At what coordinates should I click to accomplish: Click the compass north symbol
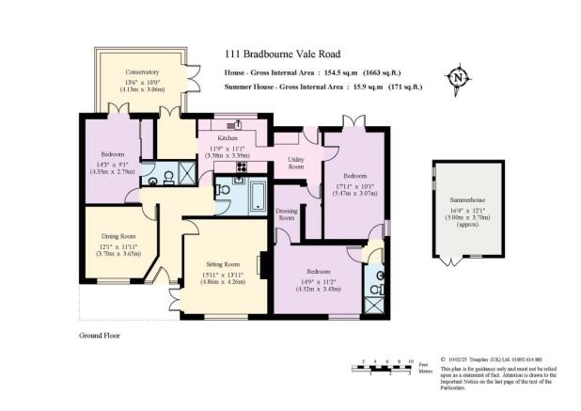pos(459,76)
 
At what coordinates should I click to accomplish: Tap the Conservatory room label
pos(143,71)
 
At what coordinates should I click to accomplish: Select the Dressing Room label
pos(288,213)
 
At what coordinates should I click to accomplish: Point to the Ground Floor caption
pos(100,334)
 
